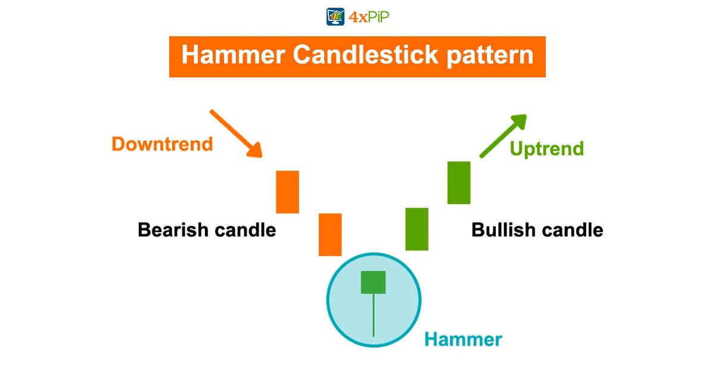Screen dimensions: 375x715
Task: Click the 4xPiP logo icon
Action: pos(336,16)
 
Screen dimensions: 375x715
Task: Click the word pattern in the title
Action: pos(493,55)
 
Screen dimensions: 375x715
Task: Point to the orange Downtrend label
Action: pos(162,144)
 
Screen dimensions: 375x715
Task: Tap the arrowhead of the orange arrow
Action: pos(256,152)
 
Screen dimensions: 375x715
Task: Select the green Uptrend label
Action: pos(546,148)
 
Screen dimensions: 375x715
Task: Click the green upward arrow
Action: pos(502,136)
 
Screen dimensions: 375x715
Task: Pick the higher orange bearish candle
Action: pos(287,192)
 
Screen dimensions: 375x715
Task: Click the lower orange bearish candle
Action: pos(330,235)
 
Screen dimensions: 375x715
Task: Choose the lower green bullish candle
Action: pos(416,229)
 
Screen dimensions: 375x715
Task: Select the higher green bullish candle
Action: pos(459,182)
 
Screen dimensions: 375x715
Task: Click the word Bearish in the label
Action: pos(173,230)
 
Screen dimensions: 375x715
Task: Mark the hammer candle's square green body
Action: pos(373,282)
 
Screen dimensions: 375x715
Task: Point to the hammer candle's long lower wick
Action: pos(373,315)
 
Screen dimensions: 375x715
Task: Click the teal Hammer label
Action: pos(463,340)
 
